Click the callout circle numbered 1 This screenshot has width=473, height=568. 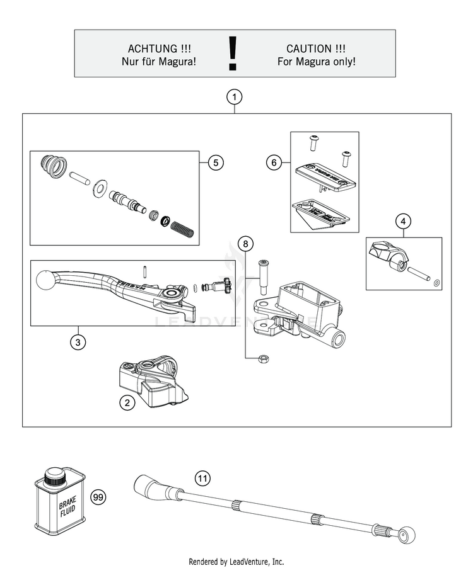tap(234, 98)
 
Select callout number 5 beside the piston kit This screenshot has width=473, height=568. tap(215, 162)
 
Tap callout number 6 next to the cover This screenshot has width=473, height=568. tap(273, 163)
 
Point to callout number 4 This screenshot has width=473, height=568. tap(404, 222)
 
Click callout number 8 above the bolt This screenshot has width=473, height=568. tap(246, 243)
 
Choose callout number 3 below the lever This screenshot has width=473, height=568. tap(77, 342)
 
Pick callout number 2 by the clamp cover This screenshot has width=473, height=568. tap(127, 403)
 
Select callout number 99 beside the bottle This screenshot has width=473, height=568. tap(98, 497)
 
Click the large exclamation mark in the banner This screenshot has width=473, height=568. tap(234, 53)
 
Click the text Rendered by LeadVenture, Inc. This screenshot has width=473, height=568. tap(236, 561)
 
